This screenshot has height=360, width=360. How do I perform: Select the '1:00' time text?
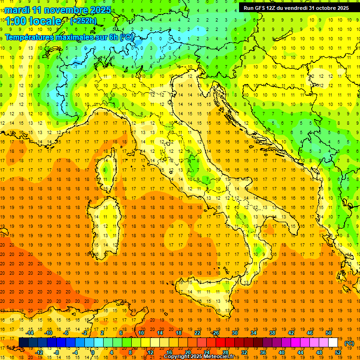16,21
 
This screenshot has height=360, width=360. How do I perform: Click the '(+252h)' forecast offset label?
83,21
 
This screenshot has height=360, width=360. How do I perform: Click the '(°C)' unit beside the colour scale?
349,343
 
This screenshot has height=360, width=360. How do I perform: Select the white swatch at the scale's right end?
333,343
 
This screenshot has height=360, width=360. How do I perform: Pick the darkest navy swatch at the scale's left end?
23,343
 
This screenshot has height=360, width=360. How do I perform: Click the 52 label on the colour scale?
338,352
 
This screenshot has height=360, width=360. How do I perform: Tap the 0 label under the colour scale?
93,352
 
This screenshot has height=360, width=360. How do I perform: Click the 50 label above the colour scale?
329,333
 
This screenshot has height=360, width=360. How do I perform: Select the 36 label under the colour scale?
262,352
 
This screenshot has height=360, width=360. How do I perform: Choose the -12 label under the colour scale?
39,352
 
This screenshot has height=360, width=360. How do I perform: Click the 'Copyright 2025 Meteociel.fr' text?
202,357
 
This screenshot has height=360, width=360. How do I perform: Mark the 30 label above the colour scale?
234,333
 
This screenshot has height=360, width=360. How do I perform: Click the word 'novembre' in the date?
60,10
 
